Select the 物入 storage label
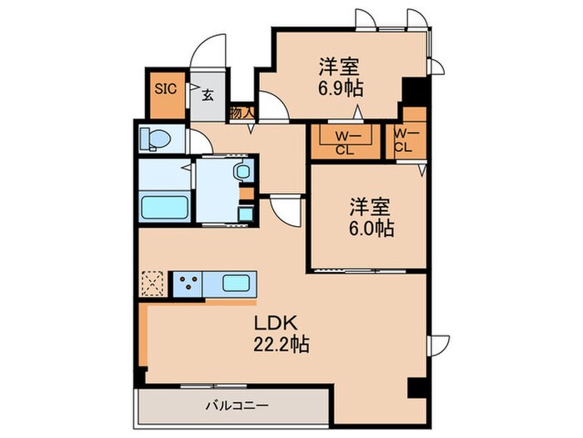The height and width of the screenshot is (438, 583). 241,111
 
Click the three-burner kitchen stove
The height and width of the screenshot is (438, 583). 184,283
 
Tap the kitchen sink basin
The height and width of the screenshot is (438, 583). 236,283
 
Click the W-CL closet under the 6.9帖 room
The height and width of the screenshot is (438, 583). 342,142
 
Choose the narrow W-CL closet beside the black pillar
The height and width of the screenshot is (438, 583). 404,140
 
